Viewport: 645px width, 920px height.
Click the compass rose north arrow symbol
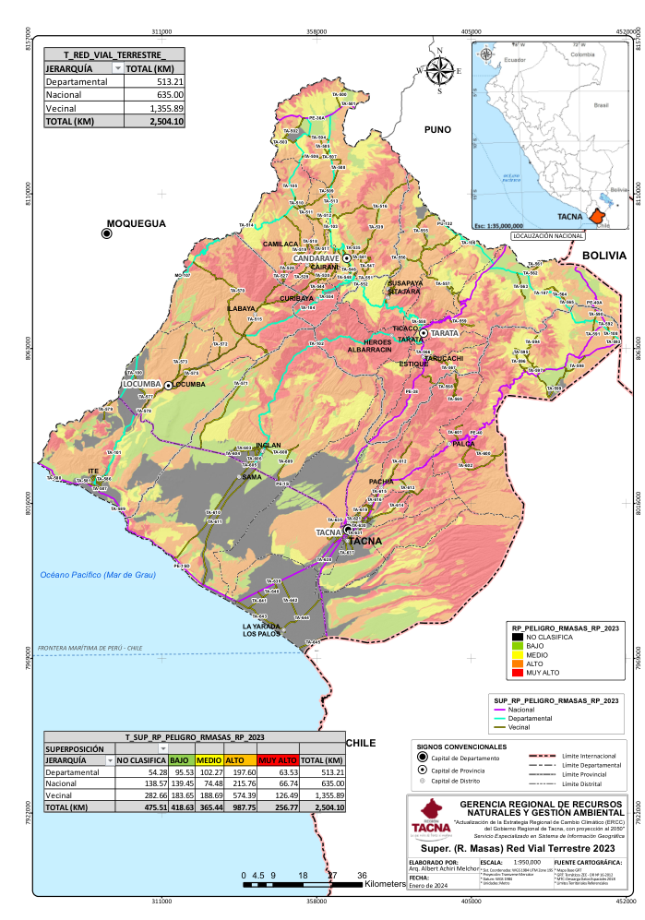440,69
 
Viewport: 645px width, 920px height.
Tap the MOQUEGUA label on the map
136,223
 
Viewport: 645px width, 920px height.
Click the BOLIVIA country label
603,255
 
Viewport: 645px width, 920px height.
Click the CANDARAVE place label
317,257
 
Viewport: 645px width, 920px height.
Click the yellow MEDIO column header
209,759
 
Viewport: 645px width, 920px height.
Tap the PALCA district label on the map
462,444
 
